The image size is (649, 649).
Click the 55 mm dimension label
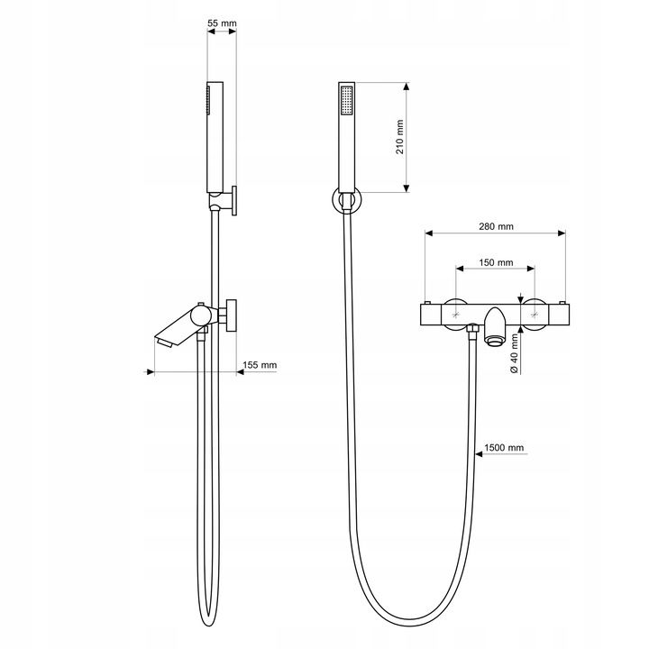click(x=222, y=23)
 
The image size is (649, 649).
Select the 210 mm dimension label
click(x=400, y=137)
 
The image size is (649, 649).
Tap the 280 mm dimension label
click(x=496, y=226)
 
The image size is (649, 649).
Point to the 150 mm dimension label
click(x=496, y=262)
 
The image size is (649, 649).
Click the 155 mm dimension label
click(x=260, y=365)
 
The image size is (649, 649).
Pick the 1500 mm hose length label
click(x=504, y=447)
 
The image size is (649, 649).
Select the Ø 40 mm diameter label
click(x=515, y=353)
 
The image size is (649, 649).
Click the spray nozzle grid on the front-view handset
click(x=346, y=100)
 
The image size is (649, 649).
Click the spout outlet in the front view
click(x=494, y=340)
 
